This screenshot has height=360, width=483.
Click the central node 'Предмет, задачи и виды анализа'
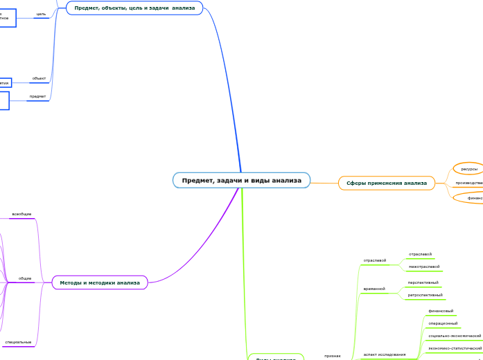pos(241,181)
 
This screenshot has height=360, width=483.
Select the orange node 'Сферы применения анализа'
pos(387,183)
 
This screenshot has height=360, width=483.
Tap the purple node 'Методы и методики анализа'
pos(100,282)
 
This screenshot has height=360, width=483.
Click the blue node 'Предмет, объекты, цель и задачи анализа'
pos(134,8)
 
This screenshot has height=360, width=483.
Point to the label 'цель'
pos(41,14)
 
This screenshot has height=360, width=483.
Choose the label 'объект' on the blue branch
pos(39,79)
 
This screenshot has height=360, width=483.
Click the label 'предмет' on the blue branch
pos(37,96)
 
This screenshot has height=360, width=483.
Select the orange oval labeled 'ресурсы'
pos(469,169)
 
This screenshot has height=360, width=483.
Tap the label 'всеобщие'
pos(21,214)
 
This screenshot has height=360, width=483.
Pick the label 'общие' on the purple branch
pos(25,278)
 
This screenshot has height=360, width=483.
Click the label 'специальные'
pos(18,342)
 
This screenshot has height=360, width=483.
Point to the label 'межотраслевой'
pos(424,267)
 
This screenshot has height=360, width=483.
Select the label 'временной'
pos(374,288)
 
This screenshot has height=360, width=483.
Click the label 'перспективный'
pos(423,282)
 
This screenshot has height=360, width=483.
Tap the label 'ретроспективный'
pos(425,295)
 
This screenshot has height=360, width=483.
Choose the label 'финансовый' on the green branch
pos(441,311)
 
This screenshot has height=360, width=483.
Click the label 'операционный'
pos(443,323)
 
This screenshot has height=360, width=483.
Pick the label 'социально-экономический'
pos(455,336)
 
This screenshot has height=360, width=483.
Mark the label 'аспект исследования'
pos(385,354)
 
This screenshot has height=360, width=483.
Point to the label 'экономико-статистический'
pos(455,348)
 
